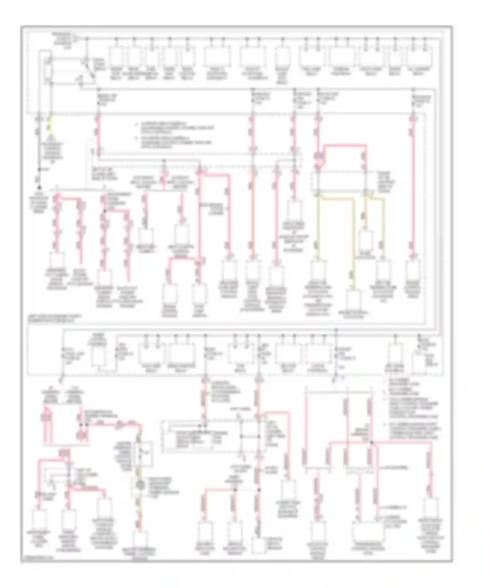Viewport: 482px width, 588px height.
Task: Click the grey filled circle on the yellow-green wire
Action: [139, 485]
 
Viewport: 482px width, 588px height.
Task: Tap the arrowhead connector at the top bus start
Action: [76, 39]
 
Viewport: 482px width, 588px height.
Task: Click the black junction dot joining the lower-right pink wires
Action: [371, 443]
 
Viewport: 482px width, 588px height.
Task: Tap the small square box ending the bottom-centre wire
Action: [259, 545]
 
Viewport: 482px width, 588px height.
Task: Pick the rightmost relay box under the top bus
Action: [419, 56]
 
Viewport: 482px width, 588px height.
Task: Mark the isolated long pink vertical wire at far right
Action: [413, 187]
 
